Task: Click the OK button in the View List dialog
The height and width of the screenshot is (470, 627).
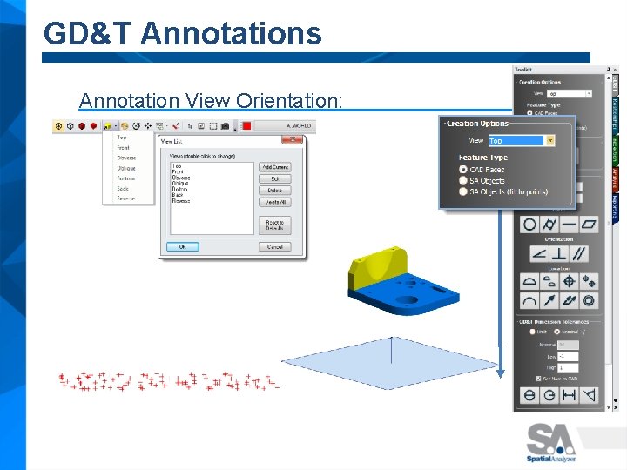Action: (182, 246)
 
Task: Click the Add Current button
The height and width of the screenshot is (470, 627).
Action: (274, 167)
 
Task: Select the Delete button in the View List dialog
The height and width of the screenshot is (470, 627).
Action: (274, 190)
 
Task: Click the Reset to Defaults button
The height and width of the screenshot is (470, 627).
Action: (274, 225)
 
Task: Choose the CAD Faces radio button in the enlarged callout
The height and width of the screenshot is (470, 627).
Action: (463, 169)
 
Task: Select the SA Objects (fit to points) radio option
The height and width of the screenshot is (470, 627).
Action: (463, 191)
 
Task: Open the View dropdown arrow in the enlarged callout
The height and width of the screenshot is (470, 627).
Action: (549, 140)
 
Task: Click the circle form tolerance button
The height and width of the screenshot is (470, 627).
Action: (529, 225)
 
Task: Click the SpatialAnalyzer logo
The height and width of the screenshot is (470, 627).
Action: (551, 442)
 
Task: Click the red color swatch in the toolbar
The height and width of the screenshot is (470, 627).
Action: (246, 126)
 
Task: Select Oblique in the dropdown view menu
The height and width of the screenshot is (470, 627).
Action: (126, 168)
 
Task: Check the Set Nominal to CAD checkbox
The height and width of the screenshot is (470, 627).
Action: (538, 379)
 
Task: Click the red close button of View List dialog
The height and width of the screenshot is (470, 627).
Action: (295, 139)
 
